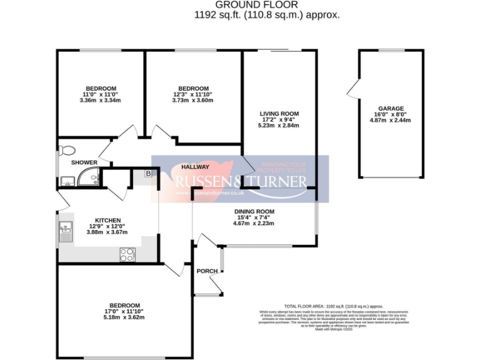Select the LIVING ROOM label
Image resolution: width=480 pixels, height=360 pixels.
[278, 114]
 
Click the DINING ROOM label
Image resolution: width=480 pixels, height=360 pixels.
[254, 211]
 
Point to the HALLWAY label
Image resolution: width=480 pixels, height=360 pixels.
[195, 167]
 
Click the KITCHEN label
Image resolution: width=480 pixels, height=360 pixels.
[107, 220]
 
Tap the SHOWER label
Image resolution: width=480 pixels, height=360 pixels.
[84, 162]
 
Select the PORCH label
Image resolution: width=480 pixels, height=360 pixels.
[206, 271]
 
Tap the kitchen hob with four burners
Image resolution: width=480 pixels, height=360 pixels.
[127, 254]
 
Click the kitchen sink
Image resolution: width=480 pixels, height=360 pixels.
[65, 232]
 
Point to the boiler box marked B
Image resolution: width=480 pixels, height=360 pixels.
[149, 174]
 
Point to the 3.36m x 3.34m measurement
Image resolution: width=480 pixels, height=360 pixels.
[100, 101]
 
